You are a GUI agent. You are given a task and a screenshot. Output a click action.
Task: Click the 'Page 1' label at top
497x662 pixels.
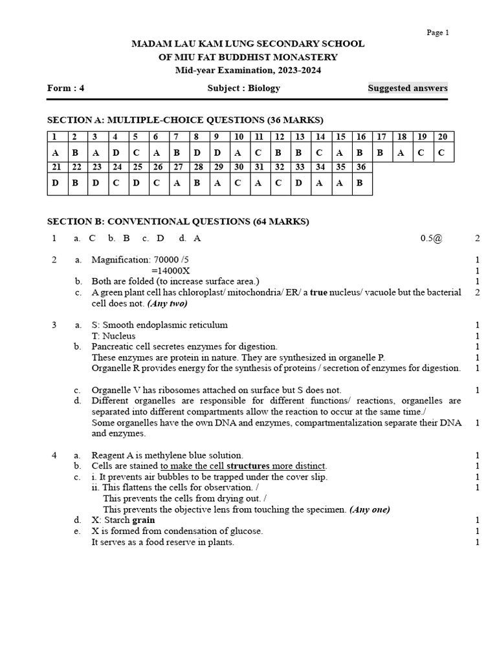pyautogui.click(x=437, y=33)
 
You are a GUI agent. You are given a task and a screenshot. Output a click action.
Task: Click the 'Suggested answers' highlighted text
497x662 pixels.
pyautogui.click(x=408, y=89)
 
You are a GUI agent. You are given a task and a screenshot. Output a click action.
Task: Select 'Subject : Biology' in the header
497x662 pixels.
pyautogui.click(x=243, y=89)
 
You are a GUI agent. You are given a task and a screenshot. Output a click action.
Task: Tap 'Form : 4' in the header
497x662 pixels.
pyautogui.click(x=66, y=89)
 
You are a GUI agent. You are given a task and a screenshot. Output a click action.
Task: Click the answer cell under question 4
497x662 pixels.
pyautogui.click(x=115, y=153)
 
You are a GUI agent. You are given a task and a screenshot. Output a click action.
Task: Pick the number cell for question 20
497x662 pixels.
pyautogui.click(x=443, y=136)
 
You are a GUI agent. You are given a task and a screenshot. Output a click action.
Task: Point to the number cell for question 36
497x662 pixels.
pyautogui.click(x=360, y=167)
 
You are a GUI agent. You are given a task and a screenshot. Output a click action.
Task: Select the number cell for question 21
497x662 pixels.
pyautogui.click(x=56, y=167)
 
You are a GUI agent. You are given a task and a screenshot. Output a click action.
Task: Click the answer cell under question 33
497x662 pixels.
pyautogui.click(x=300, y=184)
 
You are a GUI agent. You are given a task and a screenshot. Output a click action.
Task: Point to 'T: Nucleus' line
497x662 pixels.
pyautogui.click(x=113, y=336)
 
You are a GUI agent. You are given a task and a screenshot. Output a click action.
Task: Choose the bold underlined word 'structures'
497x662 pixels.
pyautogui.click(x=248, y=466)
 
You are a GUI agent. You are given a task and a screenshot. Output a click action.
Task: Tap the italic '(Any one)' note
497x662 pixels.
pyautogui.click(x=370, y=509)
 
